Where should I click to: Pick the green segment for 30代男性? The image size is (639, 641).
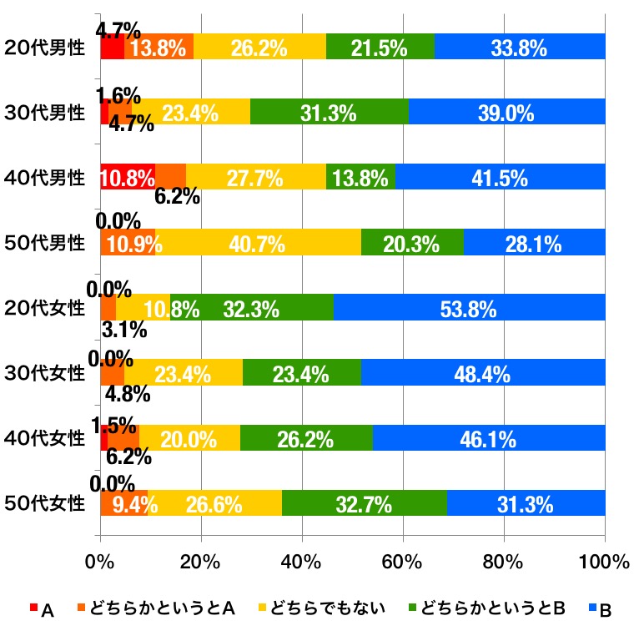(x=330, y=112)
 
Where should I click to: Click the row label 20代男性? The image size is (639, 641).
(x=44, y=48)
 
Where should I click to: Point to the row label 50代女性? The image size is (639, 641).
(x=44, y=503)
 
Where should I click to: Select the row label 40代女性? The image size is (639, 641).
(x=44, y=438)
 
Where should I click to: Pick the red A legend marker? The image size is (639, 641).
(x=34, y=609)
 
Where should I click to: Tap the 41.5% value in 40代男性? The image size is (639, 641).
(x=500, y=178)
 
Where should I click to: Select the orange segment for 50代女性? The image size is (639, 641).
(x=123, y=503)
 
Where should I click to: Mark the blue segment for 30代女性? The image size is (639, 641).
(x=483, y=372)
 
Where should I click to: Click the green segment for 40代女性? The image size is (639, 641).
(x=306, y=437)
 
